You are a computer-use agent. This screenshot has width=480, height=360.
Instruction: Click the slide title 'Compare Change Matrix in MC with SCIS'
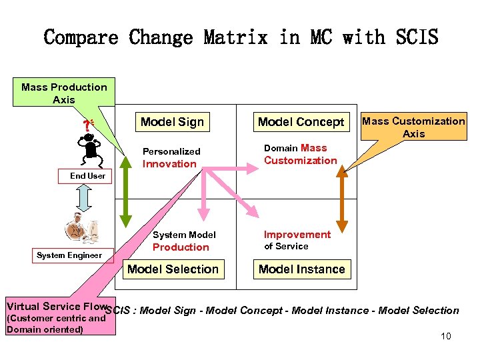click(241, 37)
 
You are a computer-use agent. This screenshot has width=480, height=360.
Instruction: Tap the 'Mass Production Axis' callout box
click(64, 93)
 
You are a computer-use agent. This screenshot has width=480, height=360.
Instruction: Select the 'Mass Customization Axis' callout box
click(413, 127)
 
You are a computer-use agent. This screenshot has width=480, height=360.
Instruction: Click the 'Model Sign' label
click(172, 121)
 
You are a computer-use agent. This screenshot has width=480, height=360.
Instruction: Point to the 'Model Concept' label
click(301, 121)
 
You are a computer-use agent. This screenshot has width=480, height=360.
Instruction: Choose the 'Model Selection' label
click(173, 269)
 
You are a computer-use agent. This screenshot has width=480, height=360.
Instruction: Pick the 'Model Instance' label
click(301, 269)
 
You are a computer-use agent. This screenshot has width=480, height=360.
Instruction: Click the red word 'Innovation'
click(170, 164)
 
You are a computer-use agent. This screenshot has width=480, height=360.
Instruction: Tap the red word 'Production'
click(181, 247)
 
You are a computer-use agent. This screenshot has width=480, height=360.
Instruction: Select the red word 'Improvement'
click(297, 235)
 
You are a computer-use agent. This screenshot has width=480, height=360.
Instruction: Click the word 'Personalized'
click(171, 151)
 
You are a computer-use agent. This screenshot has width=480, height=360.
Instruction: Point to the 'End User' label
click(88, 176)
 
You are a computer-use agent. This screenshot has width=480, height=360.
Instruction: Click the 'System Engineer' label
click(69, 255)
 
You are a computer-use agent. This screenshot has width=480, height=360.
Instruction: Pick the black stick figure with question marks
click(88, 144)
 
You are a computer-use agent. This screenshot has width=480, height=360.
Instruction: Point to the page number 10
click(445, 336)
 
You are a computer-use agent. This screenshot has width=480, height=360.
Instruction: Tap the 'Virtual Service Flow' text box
click(56, 317)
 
